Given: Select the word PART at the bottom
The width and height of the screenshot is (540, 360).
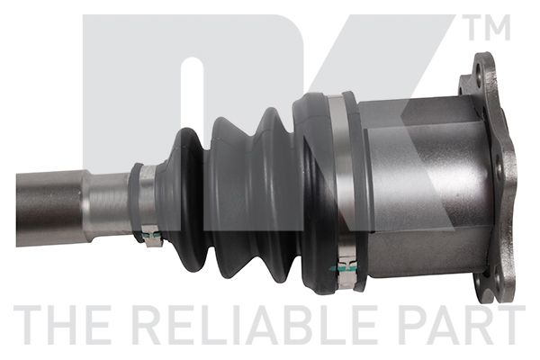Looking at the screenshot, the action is pos(463,325).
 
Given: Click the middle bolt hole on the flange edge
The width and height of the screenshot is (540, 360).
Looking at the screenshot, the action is pos(499,166).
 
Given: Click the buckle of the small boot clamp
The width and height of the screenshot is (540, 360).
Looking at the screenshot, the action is pos(151,238).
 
